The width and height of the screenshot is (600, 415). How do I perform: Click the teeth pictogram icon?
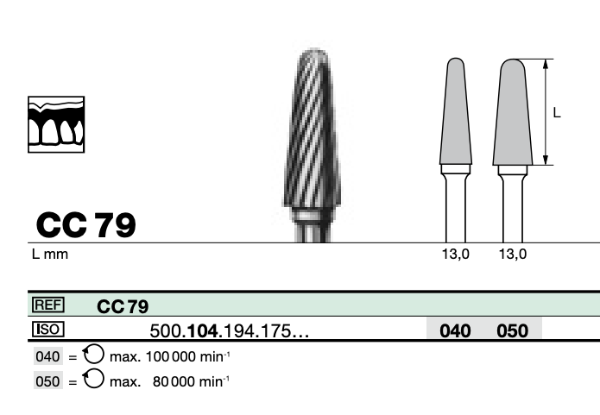pos(56,124)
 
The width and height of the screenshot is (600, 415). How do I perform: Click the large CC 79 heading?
pos(86,225)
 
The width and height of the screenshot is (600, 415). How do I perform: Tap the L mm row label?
pos(50,254)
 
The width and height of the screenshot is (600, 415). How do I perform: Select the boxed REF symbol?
pos(48,305)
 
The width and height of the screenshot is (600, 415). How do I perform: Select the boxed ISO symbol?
pos(48,330)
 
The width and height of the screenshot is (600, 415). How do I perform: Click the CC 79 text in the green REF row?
pos(123,306)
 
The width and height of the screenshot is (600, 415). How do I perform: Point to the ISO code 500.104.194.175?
pos(230,330)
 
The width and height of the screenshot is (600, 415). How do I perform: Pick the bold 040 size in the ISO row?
pos(455,330)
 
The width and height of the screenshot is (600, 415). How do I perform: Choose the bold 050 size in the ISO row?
pos(512,330)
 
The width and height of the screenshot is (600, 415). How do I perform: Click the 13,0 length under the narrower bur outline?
pos(455,254)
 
